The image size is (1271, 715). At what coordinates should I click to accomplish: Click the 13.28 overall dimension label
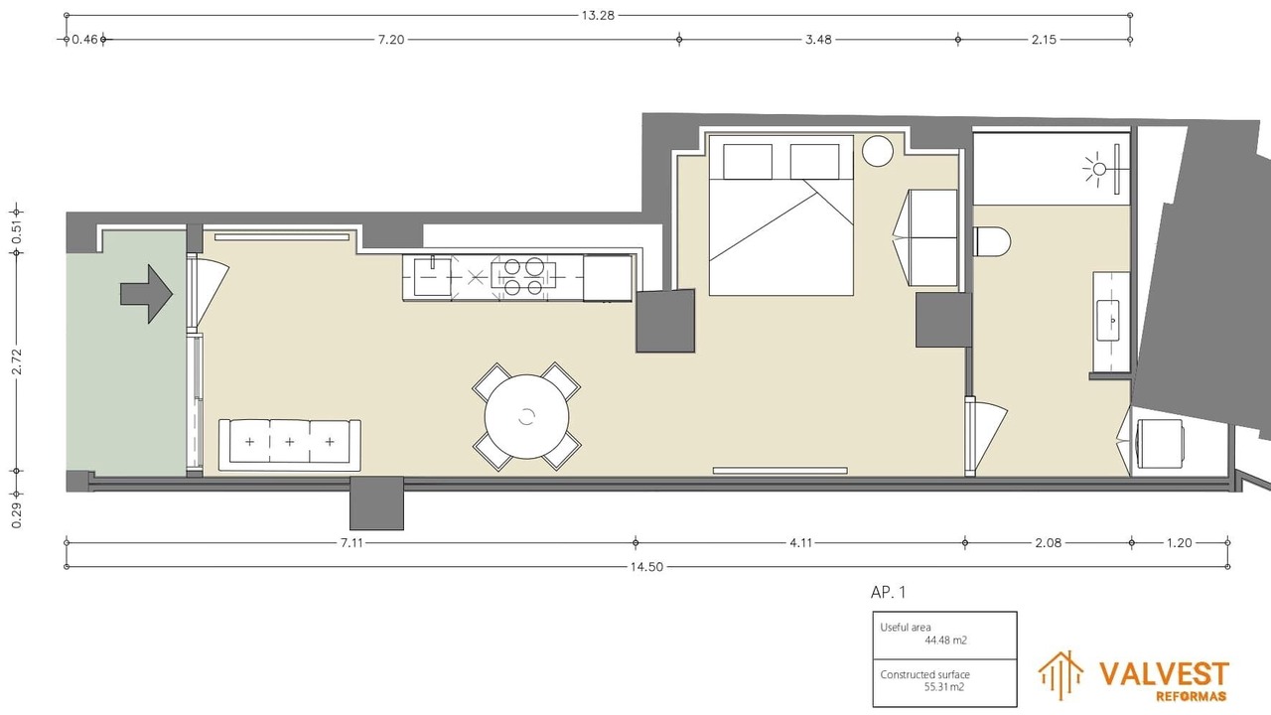[x=598, y=15]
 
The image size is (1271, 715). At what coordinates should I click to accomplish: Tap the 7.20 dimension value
[x=391, y=40]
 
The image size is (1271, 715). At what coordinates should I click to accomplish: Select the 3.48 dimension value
[x=818, y=40]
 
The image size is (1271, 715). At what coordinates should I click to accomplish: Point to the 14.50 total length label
[x=646, y=567]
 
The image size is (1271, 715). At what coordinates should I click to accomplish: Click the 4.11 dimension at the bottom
[x=800, y=543]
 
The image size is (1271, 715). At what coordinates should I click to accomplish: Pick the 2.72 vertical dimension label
[x=17, y=361]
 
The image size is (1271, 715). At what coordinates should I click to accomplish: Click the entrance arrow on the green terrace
[x=146, y=294]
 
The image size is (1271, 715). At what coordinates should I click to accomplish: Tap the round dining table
[x=526, y=416]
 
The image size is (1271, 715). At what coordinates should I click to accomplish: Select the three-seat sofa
[x=289, y=445]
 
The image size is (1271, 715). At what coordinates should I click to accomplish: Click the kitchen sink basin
[x=432, y=276]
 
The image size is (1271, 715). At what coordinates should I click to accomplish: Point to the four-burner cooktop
[x=523, y=276]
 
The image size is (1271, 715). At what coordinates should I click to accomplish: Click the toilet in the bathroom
[x=992, y=241]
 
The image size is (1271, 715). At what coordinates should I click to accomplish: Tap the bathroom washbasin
[x=1107, y=320]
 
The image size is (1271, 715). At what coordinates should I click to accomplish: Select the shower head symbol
[x=1099, y=169]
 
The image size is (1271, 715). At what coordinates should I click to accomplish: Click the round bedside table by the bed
[x=877, y=150]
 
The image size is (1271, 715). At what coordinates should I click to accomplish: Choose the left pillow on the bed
[x=748, y=162]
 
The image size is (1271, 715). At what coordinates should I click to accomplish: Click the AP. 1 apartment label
[x=888, y=593]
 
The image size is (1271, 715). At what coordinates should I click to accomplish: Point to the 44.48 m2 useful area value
[x=945, y=641]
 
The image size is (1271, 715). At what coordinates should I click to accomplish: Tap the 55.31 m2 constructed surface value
[x=944, y=687]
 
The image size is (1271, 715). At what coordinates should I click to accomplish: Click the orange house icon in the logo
[x=1060, y=675]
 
